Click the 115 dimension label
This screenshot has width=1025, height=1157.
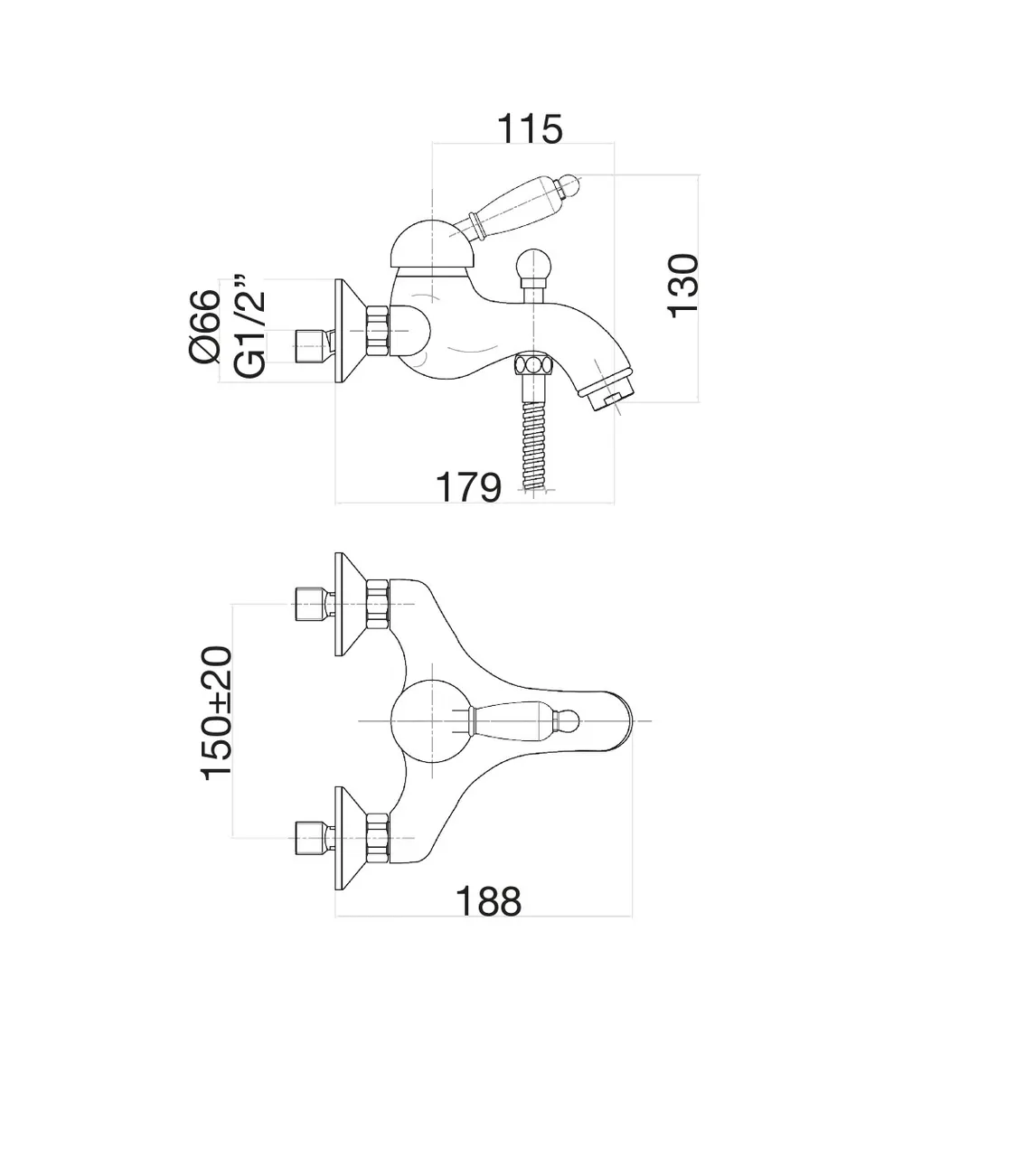[531, 128]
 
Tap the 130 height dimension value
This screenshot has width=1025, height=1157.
[683, 285]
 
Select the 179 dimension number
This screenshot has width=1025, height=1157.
[468, 487]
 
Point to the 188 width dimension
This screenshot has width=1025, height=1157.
[488, 901]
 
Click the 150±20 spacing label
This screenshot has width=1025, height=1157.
[217, 712]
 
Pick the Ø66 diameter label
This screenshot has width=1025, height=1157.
[205, 326]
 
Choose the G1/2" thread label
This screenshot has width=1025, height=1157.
[249, 325]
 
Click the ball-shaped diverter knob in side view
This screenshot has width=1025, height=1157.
[531, 268]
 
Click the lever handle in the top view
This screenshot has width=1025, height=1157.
[515, 720]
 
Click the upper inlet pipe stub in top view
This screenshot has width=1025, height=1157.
[310, 604]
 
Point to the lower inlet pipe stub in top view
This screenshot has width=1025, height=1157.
[310, 837]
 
